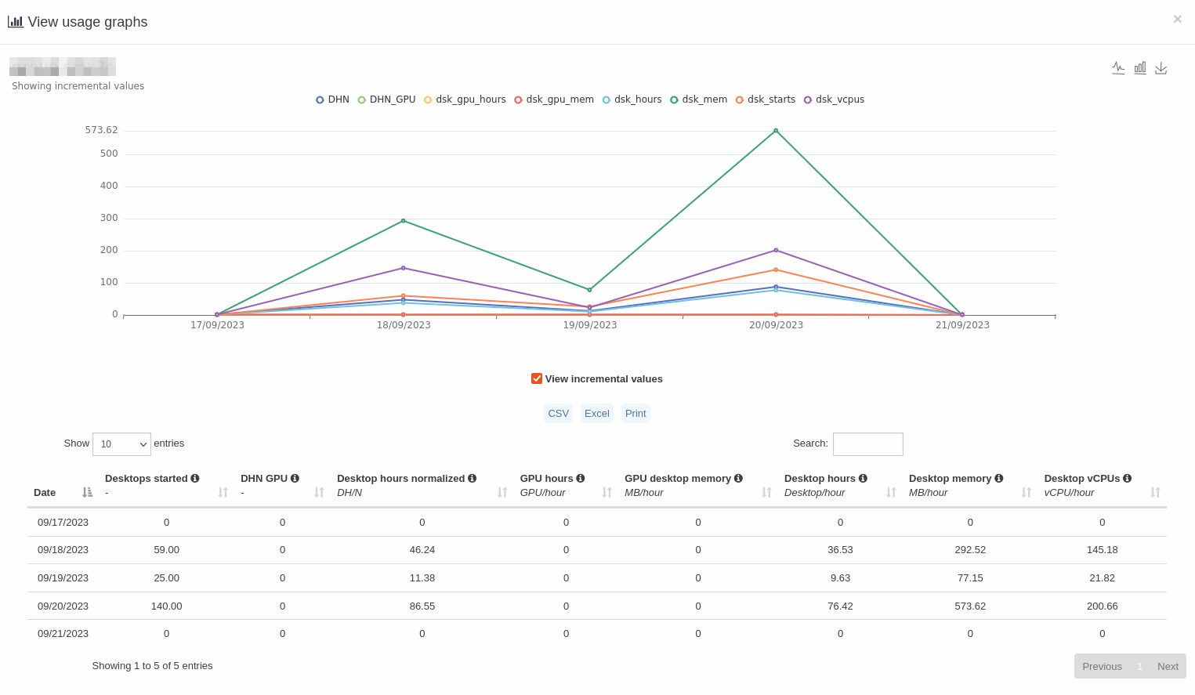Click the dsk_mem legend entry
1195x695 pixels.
(x=699, y=100)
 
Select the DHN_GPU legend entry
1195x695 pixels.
(x=387, y=100)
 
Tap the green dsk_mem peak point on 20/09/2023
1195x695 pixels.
(x=776, y=131)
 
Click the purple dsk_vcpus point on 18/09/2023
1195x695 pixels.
(x=404, y=268)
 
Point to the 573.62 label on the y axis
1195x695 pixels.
(x=101, y=130)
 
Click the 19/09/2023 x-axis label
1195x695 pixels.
(x=589, y=325)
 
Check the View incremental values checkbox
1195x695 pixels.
(x=537, y=378)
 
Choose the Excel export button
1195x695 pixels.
(x=596, y=414)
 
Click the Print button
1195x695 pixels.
(x=636, y=414)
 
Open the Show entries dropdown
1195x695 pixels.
(x=121, y=444)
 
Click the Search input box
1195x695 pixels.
(x=867, y=444)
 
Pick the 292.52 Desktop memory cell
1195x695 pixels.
(x=970, y=550)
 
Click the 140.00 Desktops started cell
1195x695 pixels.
(x=166, y=606)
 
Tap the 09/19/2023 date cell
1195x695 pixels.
(x=63, y=578)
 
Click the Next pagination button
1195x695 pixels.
(x=1168, y=667)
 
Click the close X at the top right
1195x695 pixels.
(x=1177, y=20)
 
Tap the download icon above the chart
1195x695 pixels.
(x=1161, y=68)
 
